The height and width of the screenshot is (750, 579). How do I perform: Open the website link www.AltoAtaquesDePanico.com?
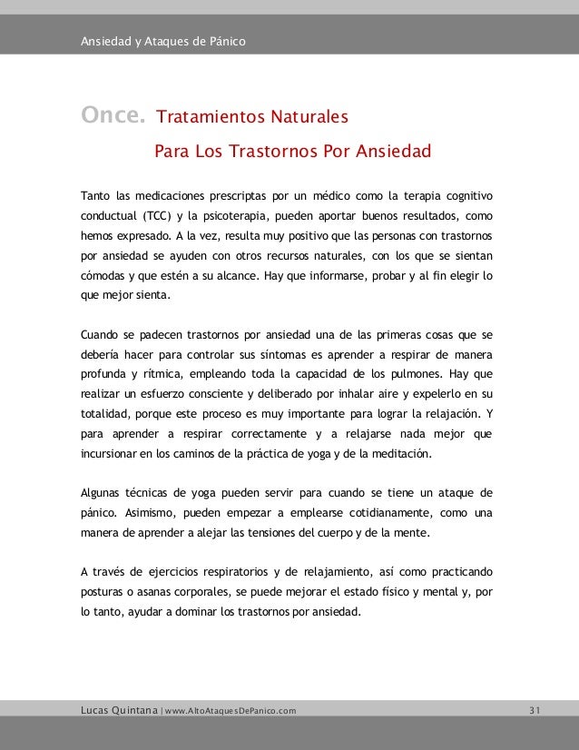[x=231, y=709]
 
